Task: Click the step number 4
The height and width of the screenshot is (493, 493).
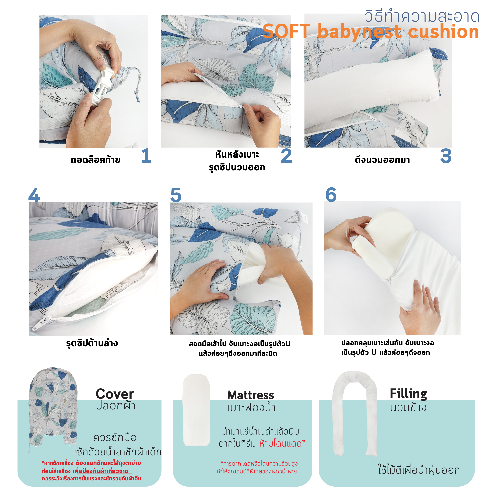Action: click(34, 194)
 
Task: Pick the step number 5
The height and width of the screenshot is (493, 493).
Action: click(176, 195)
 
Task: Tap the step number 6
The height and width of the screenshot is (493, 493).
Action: click(331, 194)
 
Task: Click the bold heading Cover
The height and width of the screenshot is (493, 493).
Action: click(115, 394)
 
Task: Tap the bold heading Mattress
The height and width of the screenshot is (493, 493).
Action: click(251, 395)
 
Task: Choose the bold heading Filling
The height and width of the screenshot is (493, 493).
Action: click(408, 394)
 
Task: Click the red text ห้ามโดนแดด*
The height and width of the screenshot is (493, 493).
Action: click(282, 443)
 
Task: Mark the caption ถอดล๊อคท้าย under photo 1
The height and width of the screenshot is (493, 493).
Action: click(95, 160)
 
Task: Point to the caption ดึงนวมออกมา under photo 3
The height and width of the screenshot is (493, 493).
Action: click(382, 160)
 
